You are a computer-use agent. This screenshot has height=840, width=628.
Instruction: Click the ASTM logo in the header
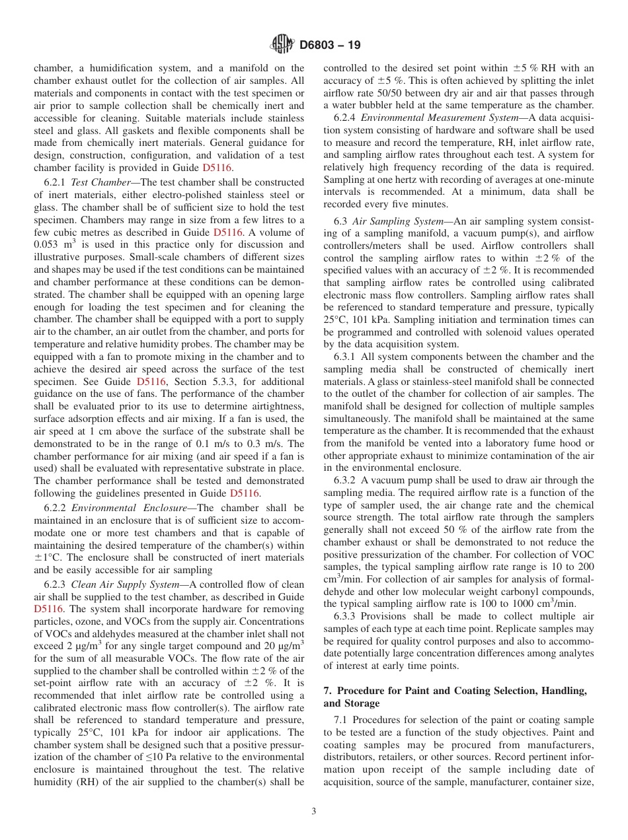[282, 46]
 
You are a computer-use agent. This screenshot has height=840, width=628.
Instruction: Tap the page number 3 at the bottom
[313, 811]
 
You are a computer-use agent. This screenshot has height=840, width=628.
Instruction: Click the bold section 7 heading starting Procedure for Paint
[455, 690]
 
